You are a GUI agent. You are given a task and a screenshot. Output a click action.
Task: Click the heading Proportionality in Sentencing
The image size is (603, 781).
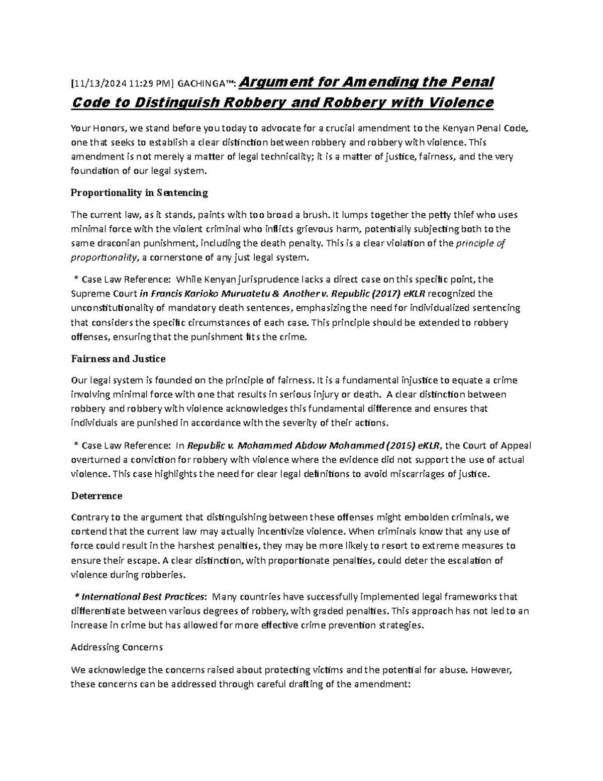pos(139,193)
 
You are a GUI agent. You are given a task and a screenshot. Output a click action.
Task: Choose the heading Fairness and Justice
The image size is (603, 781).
pos(118,359)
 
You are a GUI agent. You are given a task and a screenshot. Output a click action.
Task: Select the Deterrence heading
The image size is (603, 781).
pos(96,496)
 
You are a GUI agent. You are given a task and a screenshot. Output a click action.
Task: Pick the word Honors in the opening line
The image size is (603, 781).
pos(106,128)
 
